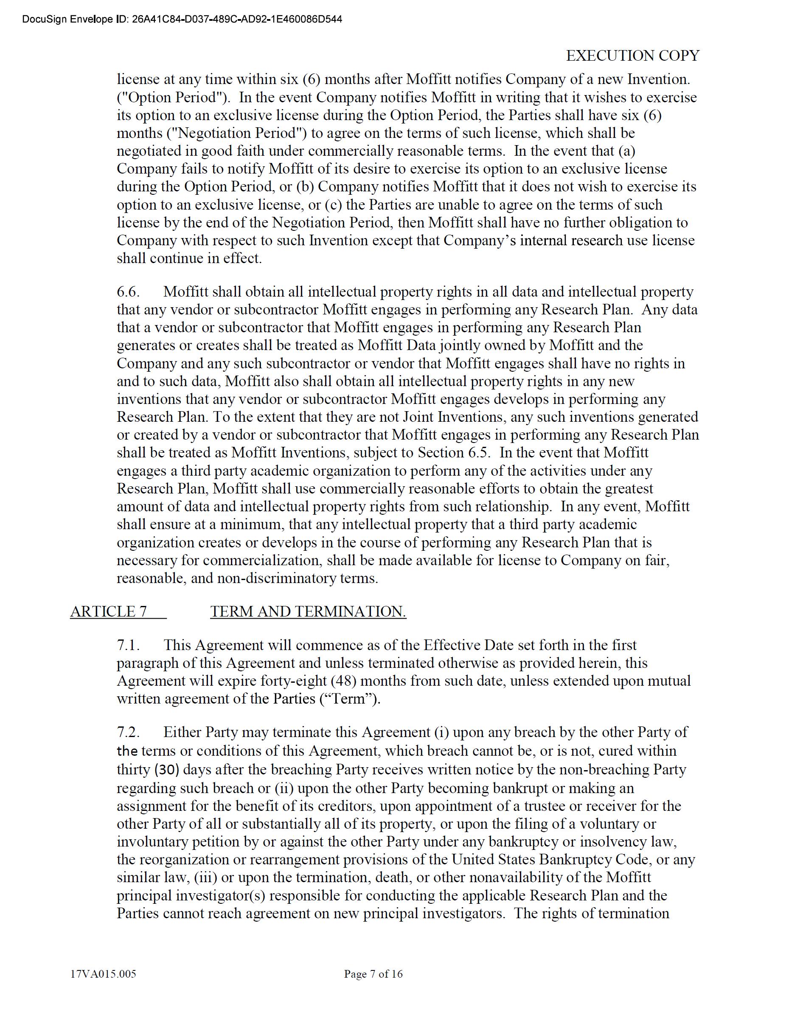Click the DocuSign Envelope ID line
(x=182, y=19)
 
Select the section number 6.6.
(x=128, y=292)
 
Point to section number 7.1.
(x=128, y=645)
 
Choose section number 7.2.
(x=128, y=732)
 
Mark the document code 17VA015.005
(x=103, y=974)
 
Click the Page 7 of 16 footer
(x=373, y=974)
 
